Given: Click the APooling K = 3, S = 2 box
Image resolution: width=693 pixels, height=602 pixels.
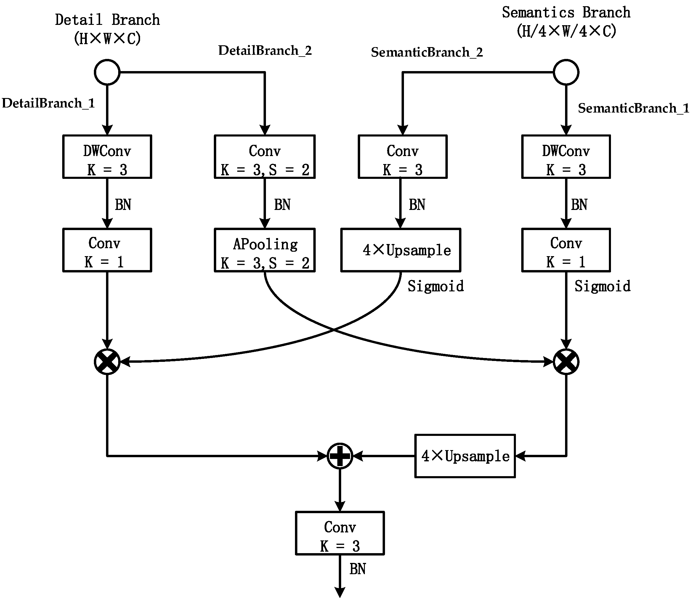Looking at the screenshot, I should pos(265,250).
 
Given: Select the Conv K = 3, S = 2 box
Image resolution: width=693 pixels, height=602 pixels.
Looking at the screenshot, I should pos(265,157).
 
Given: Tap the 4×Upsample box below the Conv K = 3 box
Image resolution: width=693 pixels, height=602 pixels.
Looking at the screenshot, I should pos(400,250).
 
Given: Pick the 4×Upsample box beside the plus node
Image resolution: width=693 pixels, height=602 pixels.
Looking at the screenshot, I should pos(465,456).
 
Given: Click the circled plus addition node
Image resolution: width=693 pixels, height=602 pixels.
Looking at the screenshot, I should pos(340,456).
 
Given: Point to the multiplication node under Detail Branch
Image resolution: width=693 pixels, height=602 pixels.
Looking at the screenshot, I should pos(107,362).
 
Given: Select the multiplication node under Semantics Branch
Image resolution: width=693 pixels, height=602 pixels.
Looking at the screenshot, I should pos(566,362).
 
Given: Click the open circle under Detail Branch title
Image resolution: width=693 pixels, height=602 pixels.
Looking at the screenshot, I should pos(107,72).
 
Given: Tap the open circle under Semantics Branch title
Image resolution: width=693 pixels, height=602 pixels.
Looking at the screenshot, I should pos(566,72).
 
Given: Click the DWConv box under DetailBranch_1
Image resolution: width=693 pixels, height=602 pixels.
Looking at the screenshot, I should pos(107,157).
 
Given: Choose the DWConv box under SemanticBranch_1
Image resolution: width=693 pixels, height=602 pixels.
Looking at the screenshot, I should pos(566,157).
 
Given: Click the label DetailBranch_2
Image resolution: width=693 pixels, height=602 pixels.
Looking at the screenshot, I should pos(265,51).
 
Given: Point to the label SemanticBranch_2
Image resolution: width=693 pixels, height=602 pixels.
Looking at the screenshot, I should pos(427,52).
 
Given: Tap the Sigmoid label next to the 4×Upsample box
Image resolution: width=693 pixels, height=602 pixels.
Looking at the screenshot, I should pos(436,286).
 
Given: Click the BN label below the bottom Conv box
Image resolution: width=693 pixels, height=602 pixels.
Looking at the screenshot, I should pos(357,569).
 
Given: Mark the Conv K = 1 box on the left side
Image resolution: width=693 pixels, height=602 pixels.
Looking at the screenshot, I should pos(107,250).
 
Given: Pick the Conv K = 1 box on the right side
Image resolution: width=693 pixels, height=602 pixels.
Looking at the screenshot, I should pos(566,250).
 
